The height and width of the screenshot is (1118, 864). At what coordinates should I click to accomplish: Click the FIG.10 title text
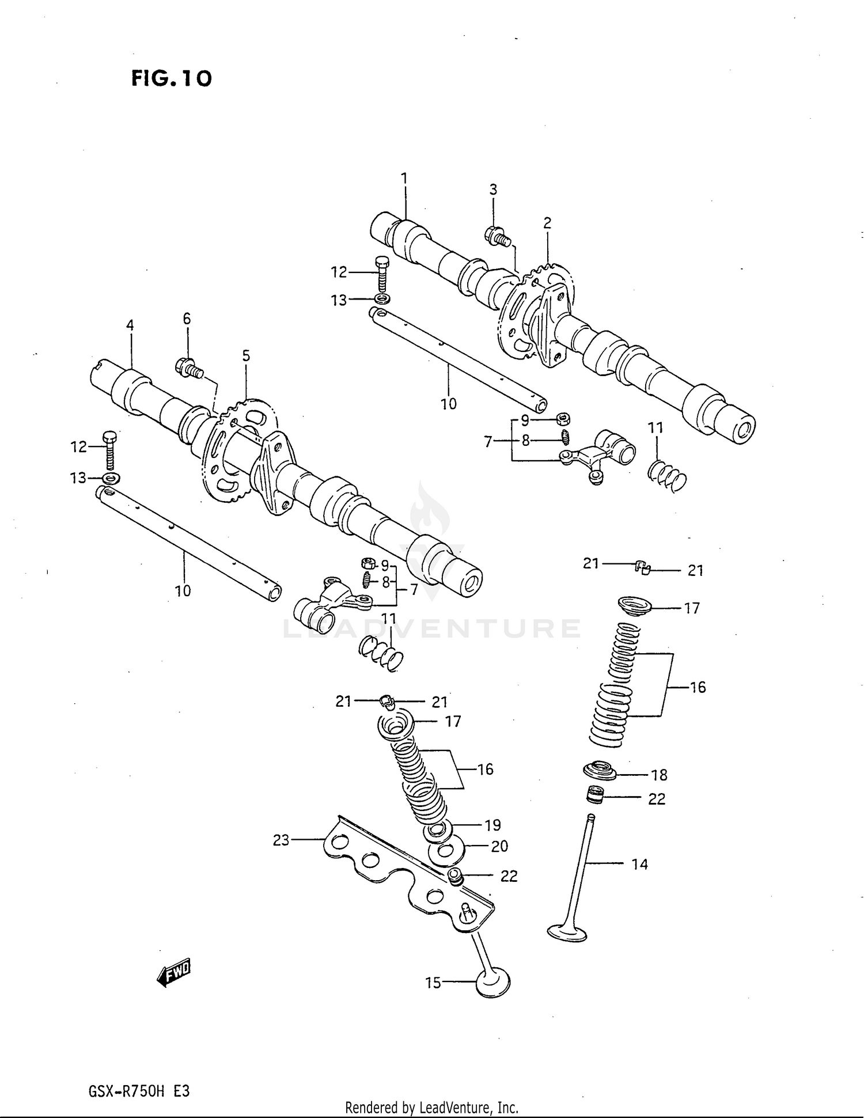[171, 78]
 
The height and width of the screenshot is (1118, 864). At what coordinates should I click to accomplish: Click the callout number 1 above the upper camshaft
[404, 178]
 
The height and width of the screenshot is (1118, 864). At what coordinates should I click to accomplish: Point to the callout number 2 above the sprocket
[547, 223]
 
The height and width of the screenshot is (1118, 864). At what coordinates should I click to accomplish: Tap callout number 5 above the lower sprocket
[246, 356]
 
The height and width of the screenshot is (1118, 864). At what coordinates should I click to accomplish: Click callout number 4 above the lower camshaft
[130, 325]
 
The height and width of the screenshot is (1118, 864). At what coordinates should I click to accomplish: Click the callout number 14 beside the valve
[639, 864]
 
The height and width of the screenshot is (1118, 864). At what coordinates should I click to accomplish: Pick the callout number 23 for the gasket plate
[281, 840]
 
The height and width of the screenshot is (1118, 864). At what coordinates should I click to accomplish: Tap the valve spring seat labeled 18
[600, 770]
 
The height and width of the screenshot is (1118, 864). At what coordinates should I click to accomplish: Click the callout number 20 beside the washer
[499, 846]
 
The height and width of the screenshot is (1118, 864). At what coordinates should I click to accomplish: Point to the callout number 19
[492, 825]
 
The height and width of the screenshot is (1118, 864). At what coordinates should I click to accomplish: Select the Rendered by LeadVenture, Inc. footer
[431, 1106]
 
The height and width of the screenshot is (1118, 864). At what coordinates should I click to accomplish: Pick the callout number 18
[659, 775]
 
